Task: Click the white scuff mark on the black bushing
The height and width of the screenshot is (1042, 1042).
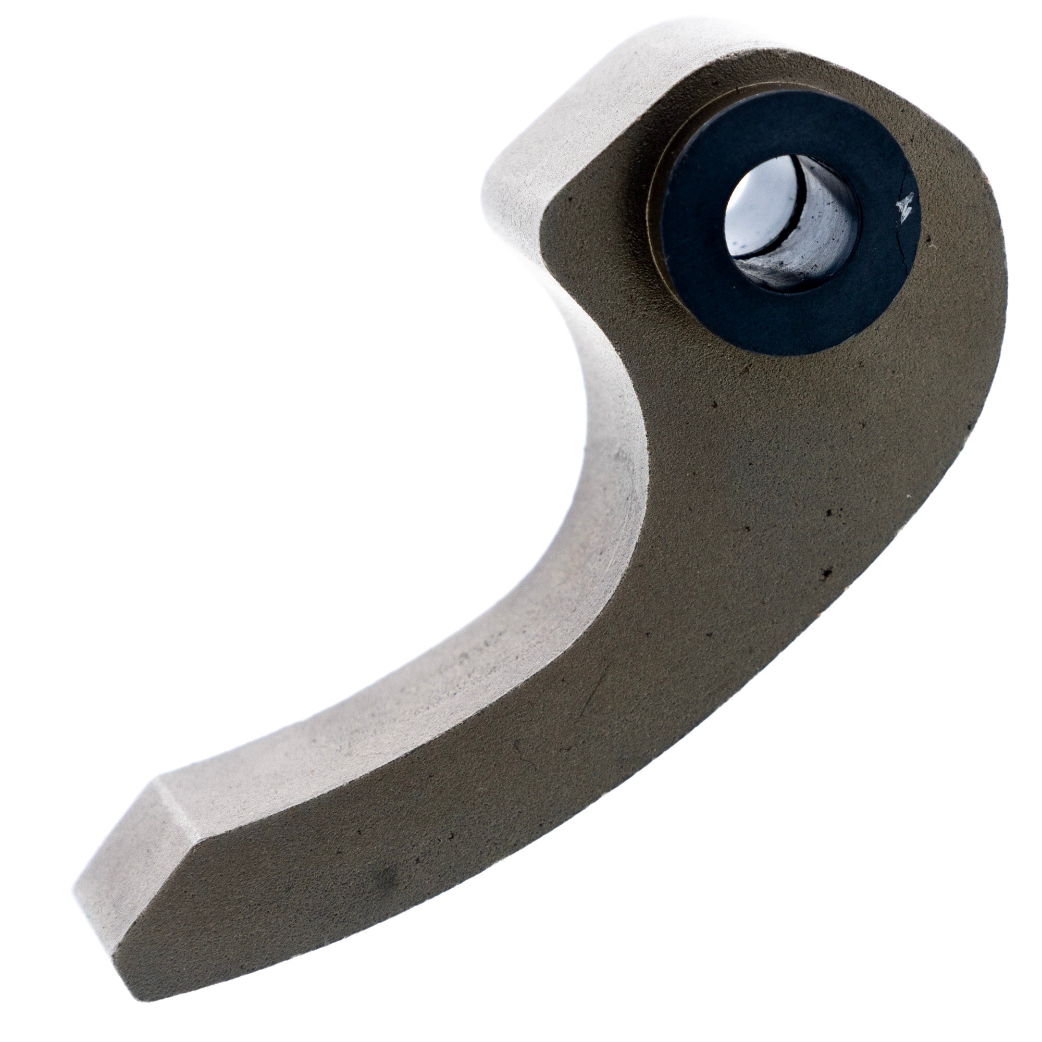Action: [x=904, y=205]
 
